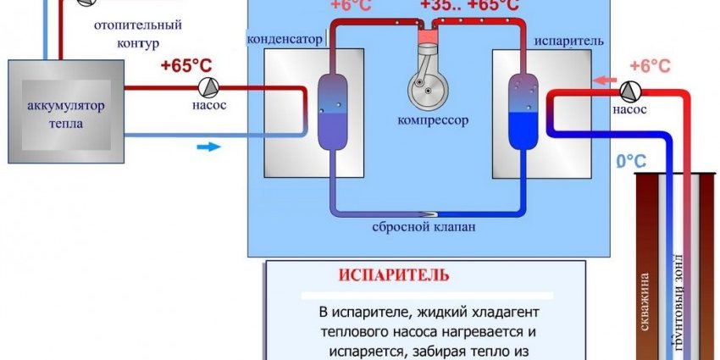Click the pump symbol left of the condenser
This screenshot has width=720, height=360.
pos(207,87)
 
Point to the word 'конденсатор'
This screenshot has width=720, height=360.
pos(284,38)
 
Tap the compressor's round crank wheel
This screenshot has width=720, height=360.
pos(423,86)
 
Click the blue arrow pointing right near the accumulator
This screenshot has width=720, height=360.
pos(207,147)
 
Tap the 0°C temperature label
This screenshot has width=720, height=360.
pos(630,161)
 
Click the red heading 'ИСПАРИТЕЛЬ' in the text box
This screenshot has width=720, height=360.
pos(393,276)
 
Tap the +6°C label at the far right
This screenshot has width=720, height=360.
pos(651,65)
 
